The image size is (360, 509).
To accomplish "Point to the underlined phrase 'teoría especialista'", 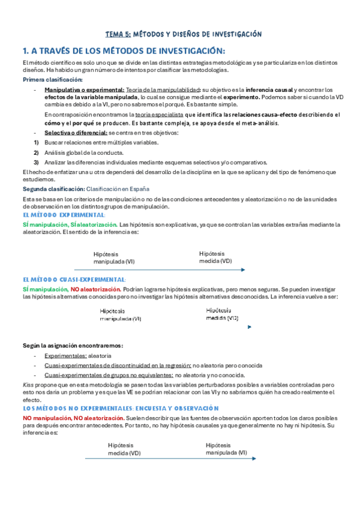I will coord(160,115).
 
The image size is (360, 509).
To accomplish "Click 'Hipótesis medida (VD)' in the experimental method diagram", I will coord(215,241).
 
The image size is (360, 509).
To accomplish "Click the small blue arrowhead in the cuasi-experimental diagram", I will coord(249,327).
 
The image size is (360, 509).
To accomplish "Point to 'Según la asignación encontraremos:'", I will coord(73,346).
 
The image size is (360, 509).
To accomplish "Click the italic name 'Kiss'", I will coord(28,384).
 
